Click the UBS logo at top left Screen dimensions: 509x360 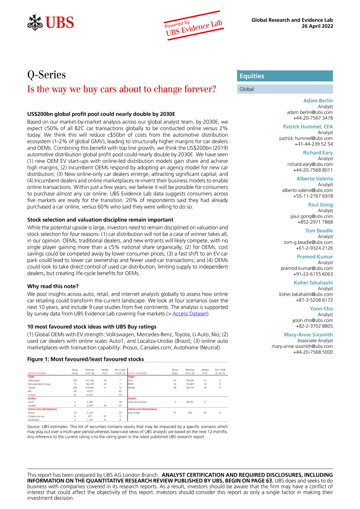pyautogui.click(x=51, y=22)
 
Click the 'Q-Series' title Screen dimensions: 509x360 pyautogui.click(x=46, y=75)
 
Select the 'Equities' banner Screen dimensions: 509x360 pyautogui.click(x=252, y=76)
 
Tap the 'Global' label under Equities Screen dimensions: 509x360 pyautogui.click(x=246, y=89)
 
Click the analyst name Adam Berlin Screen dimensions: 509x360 pyautogui.click(x=318, y=101)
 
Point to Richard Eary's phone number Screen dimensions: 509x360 pyautogui.click(x=313, y=170)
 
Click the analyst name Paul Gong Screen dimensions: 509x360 pyautogui.click(x=320, y=205)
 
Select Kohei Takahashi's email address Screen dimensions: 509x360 pyautogui.click(x=306, y=294)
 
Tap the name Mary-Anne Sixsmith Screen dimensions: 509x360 pyautogui.click(x=308, y=334)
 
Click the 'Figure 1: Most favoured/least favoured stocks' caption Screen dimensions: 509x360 pyautogui.click(x=85, y=359)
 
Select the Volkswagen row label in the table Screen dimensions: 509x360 pyautogui.click(x=36, y=380)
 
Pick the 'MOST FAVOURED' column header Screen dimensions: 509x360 pyautogui.click(x=37, y=373)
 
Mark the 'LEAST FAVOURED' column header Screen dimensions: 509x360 pyautogui.click(x=138, y=373)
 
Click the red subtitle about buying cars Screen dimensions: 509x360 pyautogui.click(x=122, y=90)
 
